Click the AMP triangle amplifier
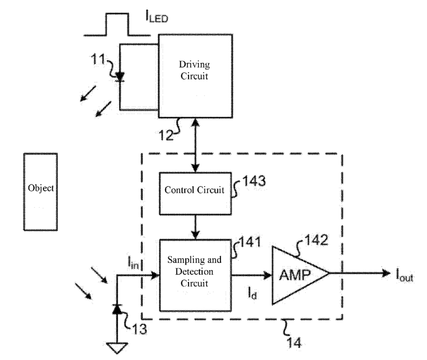(301, 275)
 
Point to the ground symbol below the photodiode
(117, 348)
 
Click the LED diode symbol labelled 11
(120, 77)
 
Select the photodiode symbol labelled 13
(117, 309)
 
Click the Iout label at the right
(405, 275)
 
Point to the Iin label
(133, 262)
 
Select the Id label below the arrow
(252, 293)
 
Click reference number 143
(254, 181)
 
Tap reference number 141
(250, 242)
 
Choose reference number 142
(317, 240)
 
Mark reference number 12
(166, 135)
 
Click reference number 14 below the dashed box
(294, 342)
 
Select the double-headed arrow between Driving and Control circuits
(195, 145)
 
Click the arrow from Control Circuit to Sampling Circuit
(195, 227)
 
